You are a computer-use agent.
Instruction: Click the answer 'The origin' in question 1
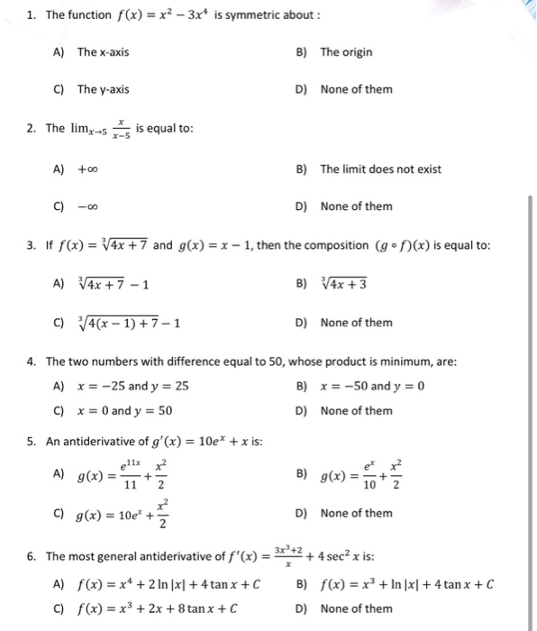(346, 51)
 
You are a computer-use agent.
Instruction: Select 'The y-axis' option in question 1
(103, 89)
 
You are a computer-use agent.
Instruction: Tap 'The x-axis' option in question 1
(103, 51)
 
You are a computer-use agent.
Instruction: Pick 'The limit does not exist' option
(381, 169)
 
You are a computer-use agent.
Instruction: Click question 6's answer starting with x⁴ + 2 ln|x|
(168, 584)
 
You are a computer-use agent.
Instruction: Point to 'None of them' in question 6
(356, 608)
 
